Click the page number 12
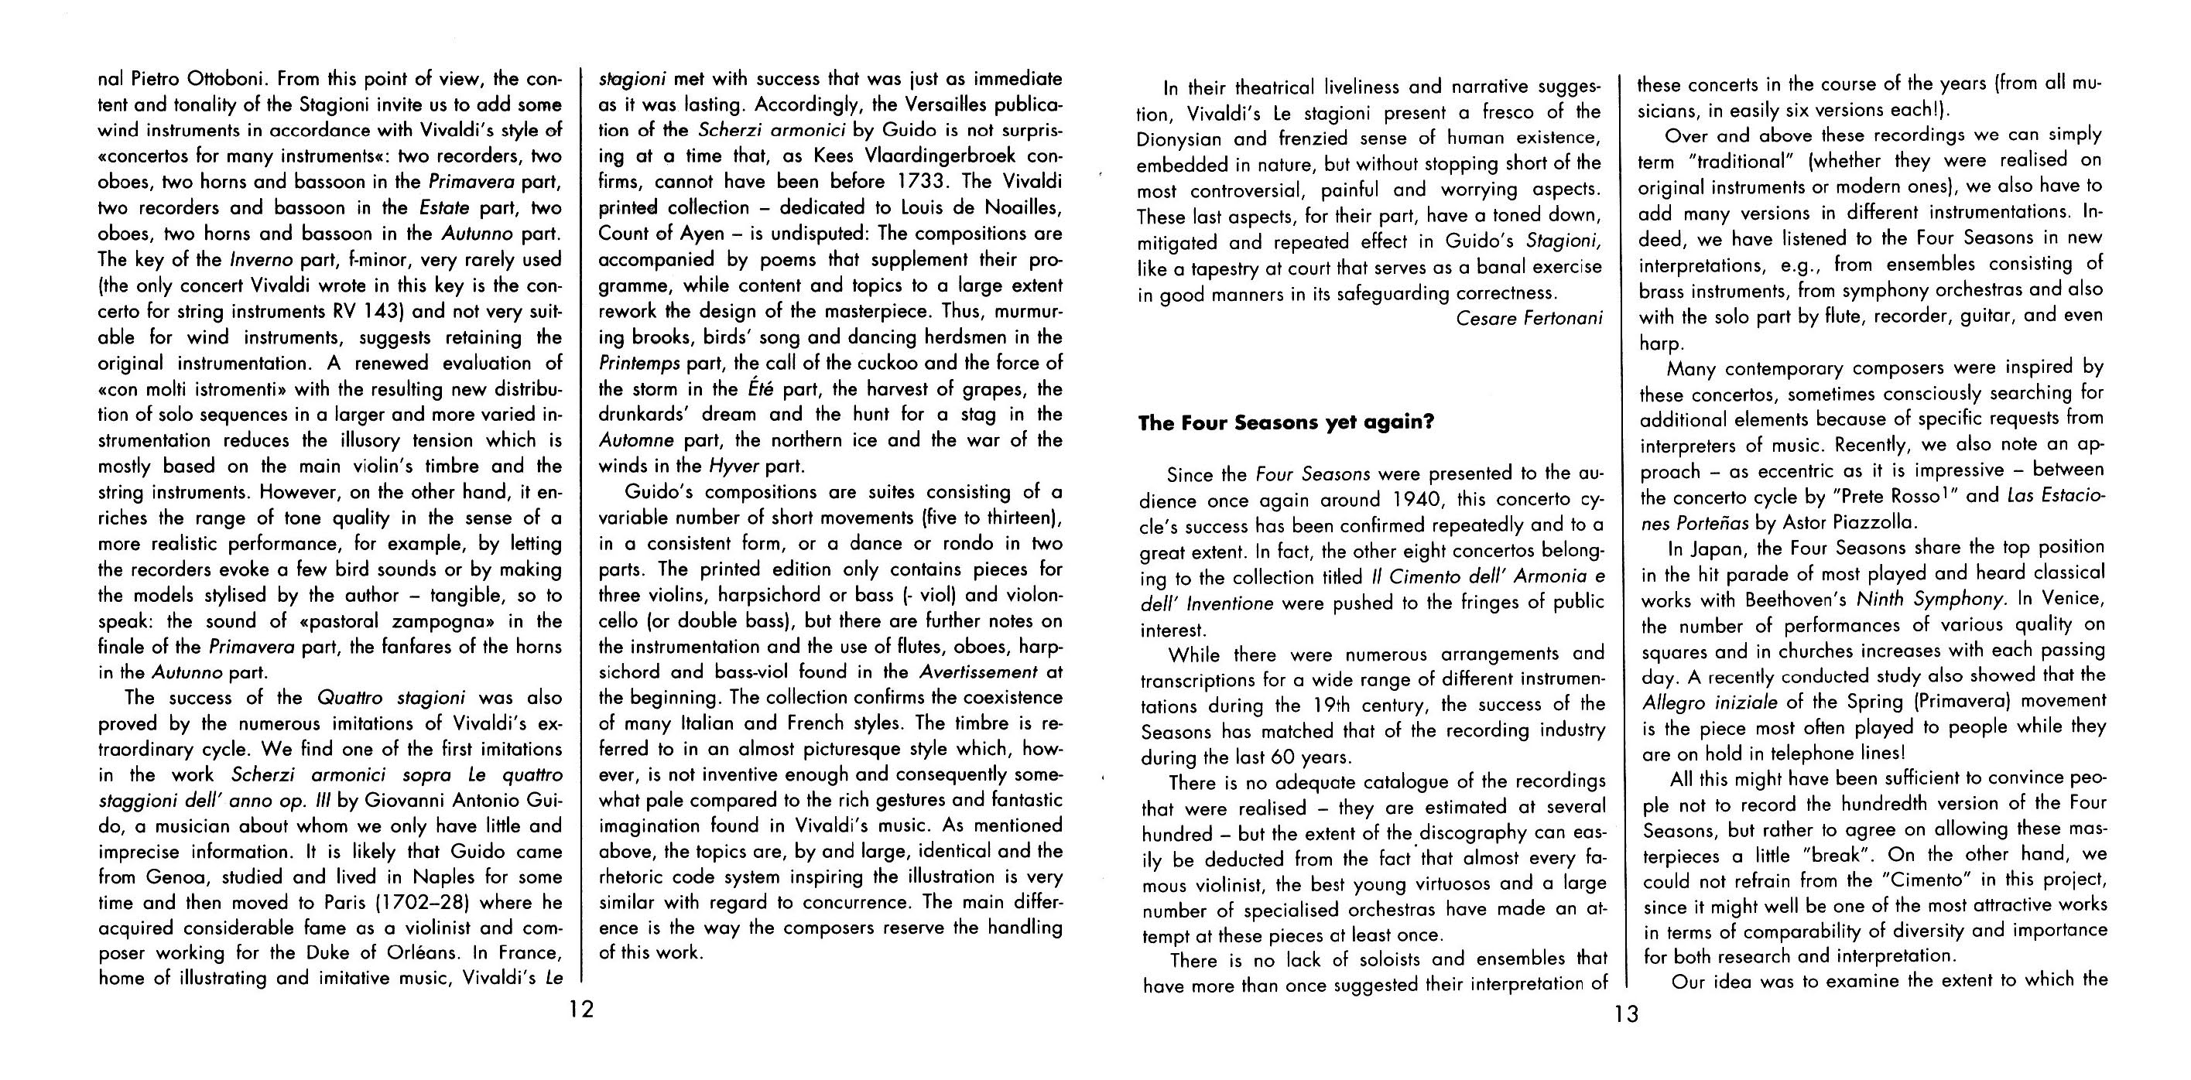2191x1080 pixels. coord(582,1010)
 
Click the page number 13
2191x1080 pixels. coord(1624,1014)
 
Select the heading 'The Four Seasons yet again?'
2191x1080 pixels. coord(1286,422)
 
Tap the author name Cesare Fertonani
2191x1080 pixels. coord(1529,319)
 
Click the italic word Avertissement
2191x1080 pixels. coord(978,672)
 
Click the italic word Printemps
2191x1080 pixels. coord(639,363)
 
